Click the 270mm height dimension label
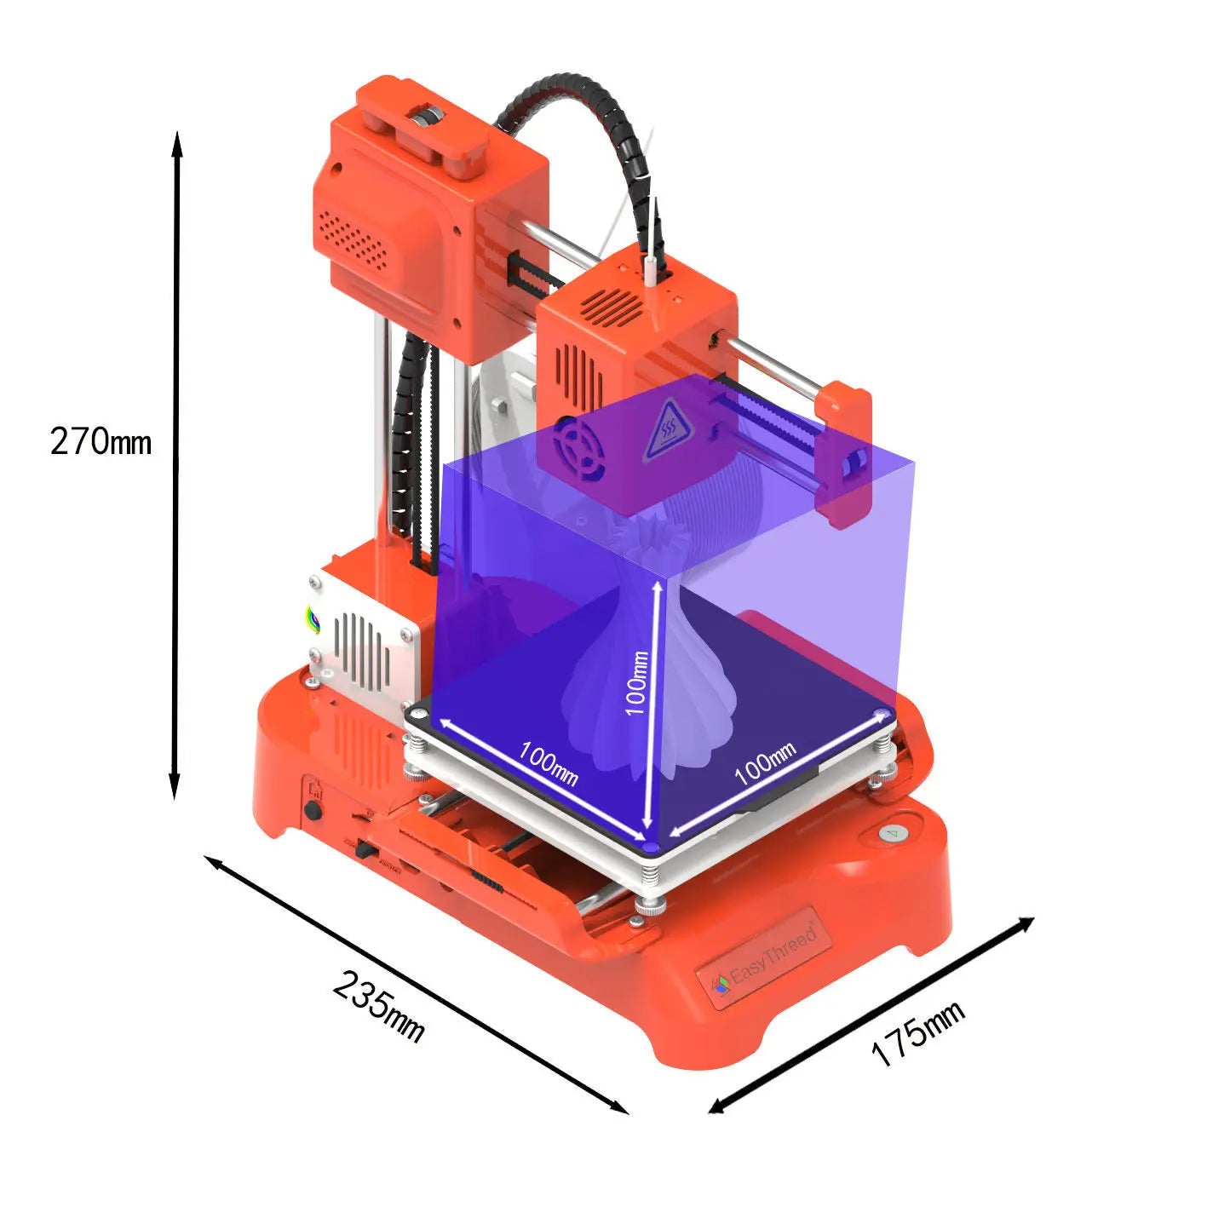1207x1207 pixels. (x=101, y=442)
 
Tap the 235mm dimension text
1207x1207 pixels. (x=378, y=1004)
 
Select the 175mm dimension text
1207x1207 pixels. (x=917, y=1033)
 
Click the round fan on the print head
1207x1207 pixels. (x=578, y=448)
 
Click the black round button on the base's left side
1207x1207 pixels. (x=314, y=809)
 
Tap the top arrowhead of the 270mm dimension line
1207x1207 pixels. (x=177, y=141)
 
